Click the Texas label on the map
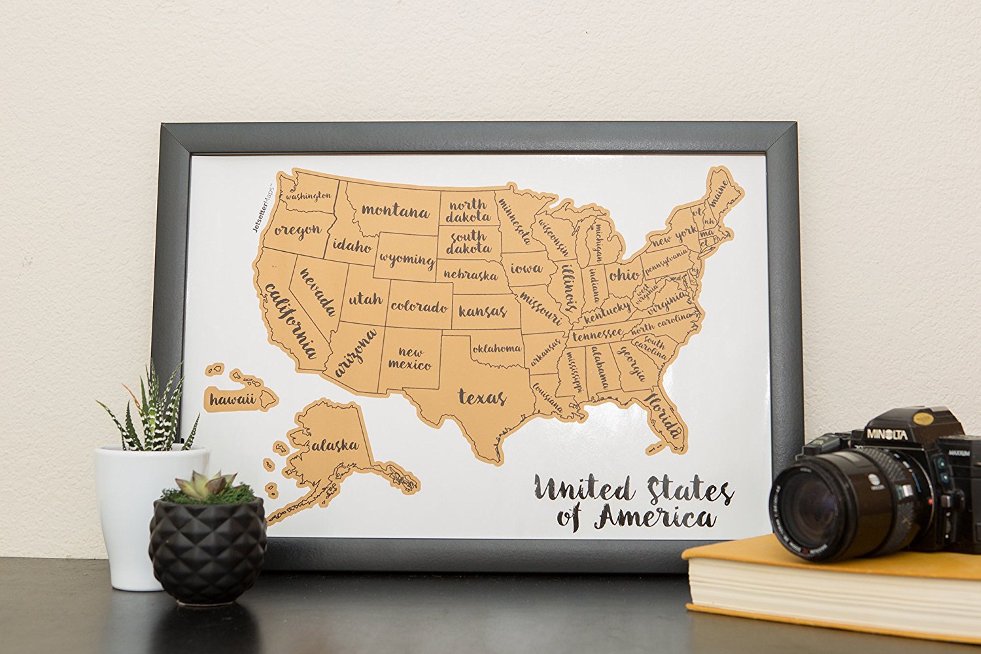point(482,396)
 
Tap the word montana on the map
point(395,211)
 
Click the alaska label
point(336,445)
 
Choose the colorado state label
point(419,305)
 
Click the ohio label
point(624,274)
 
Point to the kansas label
point(483,310)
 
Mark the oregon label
point(298,230)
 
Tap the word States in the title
point(690,489)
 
